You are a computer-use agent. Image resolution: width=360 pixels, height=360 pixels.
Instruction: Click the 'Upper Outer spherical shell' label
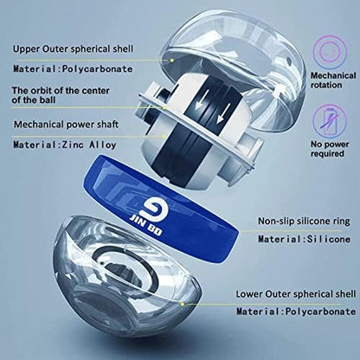pyautogui.click(x=73, y=48)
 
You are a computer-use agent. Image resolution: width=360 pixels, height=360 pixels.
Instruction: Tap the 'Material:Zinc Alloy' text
pyautogui.click(x=65, y=145)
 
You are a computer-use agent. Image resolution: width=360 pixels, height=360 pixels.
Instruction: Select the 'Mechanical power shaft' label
pyautogui.click(x=66, y=125)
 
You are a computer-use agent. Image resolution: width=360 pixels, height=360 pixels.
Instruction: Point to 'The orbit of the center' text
pyautogui.click(x=61, y=91)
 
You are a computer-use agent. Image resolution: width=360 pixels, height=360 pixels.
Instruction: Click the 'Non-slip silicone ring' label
pyautogui.click(x=304, y=221)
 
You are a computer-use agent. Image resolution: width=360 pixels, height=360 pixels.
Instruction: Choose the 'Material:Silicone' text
pyautogui.click(x=305, y=239)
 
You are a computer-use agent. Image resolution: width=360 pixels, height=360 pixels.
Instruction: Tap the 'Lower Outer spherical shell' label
pyautogui.click(x=296, y=294)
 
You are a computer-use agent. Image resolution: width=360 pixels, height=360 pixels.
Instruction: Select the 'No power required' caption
pyautogui.click(x=330, y=149)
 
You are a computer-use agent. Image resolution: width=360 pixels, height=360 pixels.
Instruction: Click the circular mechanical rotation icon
pyautogui.click(x=330, y=51)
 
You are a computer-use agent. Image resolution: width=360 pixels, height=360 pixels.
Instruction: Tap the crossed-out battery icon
pyautogui.click(x=330, y=120)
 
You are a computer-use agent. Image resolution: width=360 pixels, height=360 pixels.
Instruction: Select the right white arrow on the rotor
pyautogui.click(x=224, y=112)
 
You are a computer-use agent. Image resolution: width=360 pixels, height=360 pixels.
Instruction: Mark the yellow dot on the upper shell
pyautogui.click(x=171, y=61)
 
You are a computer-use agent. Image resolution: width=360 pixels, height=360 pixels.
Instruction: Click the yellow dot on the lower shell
pyautogui.click(x=182, y=304)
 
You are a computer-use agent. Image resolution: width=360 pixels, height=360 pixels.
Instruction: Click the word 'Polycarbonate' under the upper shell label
pyautogui.click(x=98, y=69)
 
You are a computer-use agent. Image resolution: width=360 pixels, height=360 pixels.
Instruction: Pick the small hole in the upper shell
pyautogui.click(x=288, y=60)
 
